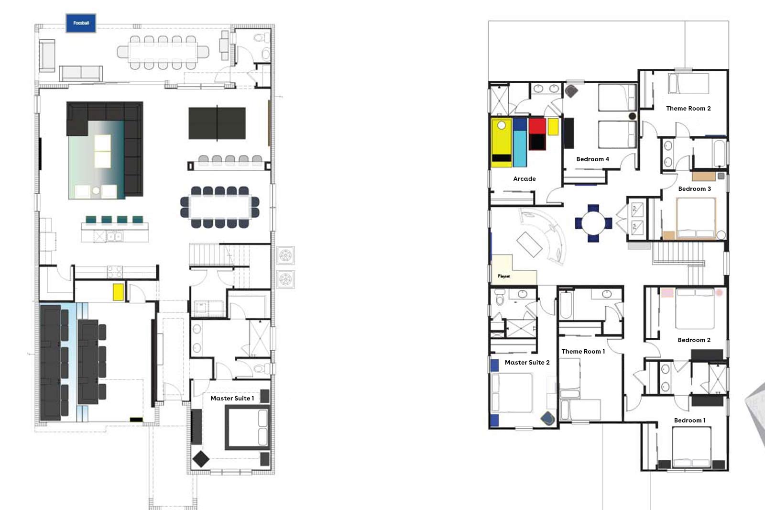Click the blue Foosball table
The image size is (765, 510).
(81, 23)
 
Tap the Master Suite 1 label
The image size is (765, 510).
(232, 398)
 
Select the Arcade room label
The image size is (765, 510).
(524, 179)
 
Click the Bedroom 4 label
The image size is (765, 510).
(592, 159)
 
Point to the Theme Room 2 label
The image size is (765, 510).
(688, 108)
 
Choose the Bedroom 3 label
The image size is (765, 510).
(694, 188)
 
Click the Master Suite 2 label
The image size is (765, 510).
(527, 362)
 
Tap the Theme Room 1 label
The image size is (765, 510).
(583, 351)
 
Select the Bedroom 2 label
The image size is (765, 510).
(694, 340)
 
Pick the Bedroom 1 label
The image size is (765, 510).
(689, 421)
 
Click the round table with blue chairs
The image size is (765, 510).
(593, 223)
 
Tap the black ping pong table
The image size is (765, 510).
(217, 123)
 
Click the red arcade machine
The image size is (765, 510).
(537, 134)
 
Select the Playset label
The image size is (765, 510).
(504, 276)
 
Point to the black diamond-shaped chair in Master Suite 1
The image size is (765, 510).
(201, 459)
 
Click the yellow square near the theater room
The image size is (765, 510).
(118, 292)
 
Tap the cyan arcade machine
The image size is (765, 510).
(519, 143)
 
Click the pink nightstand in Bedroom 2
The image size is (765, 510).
(667, 293)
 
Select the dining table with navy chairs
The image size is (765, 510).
(219, 207)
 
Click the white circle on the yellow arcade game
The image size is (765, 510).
(502, 125)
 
